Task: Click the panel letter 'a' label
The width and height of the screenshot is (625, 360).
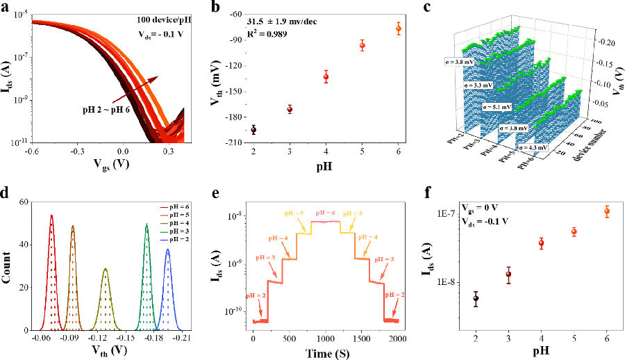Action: point(6,8)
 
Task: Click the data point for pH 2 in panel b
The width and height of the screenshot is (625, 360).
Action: point(253,130)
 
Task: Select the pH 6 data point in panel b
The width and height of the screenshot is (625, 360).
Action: point(399,28)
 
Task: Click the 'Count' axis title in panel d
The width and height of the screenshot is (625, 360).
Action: point(9,265)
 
